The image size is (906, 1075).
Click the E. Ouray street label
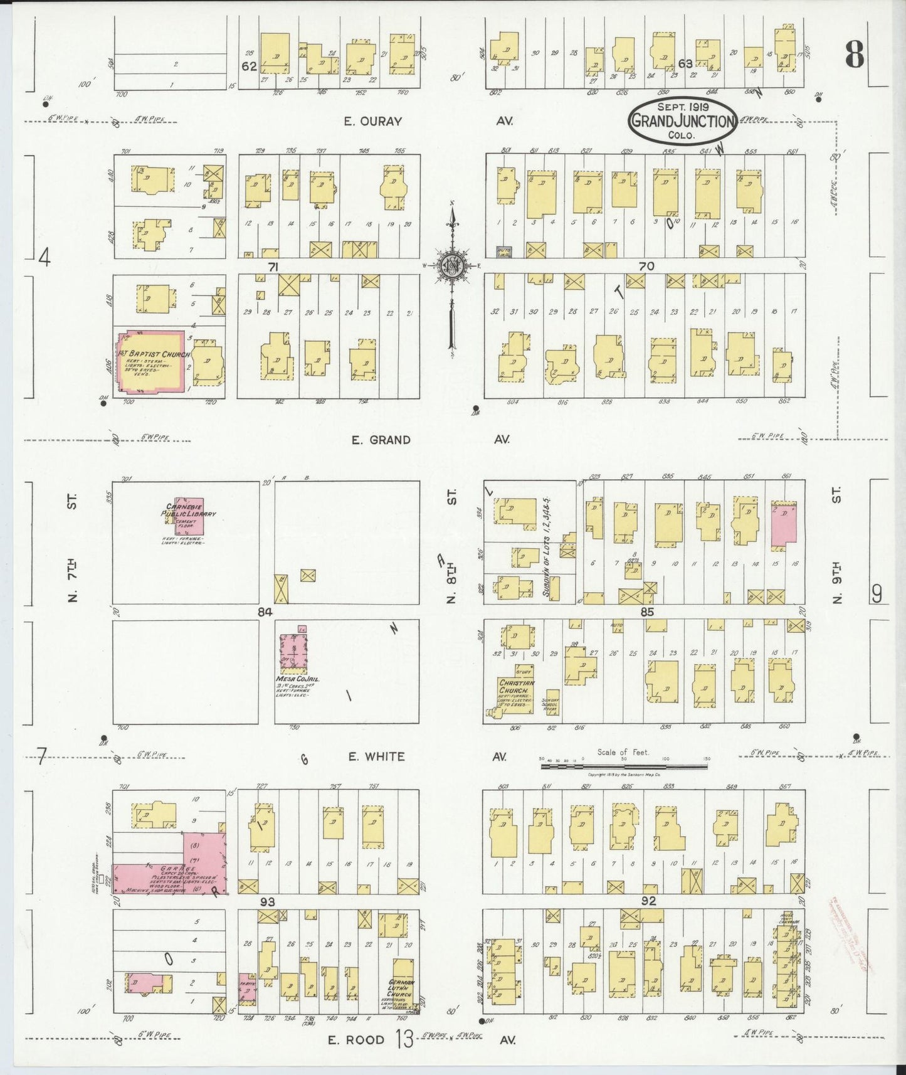[372, 122]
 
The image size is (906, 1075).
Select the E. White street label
[376, 756]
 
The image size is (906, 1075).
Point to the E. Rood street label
[356, 1039]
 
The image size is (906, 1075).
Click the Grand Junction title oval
[682, 120]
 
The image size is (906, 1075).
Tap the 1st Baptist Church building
[150, 361]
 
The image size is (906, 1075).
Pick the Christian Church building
[516, 694]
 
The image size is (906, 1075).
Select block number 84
[266, 612]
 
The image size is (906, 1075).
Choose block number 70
[646, 267]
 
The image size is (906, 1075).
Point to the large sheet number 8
[854, 55]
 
